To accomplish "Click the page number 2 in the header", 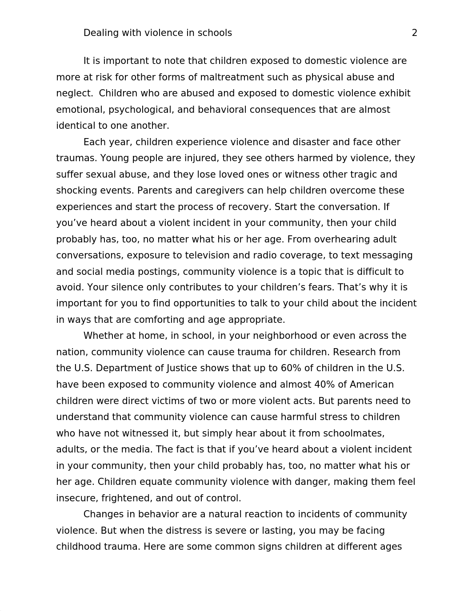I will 414,33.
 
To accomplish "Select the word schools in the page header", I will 215,33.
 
